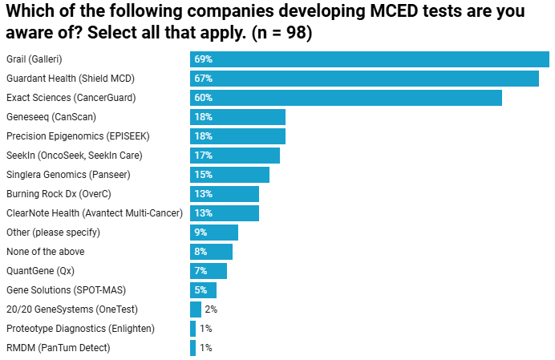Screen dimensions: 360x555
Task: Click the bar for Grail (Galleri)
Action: pos(369,59)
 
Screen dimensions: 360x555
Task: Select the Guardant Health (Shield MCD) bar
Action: pos(364,79)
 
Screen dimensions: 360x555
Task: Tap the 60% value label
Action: pos(203,98)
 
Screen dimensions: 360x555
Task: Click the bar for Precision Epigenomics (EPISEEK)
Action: pos(237,136)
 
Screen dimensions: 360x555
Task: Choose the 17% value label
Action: pos(203,156)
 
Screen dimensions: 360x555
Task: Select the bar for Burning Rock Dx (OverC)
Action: pos(225,194)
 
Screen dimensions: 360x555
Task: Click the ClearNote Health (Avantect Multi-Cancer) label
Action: pos(95,213)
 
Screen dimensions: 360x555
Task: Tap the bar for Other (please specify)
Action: pos(214,233)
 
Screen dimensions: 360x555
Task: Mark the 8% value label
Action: pos(201,252)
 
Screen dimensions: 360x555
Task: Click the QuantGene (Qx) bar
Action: pos(209,271)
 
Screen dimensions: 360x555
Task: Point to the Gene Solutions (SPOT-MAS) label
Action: pos(66,290)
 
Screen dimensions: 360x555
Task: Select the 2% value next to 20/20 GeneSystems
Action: pos(211,309)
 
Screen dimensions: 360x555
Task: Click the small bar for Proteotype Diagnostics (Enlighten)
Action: pos(192,329)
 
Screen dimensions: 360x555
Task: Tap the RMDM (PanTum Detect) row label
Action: pos(58,348)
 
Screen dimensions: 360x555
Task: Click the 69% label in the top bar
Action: pos(203,59)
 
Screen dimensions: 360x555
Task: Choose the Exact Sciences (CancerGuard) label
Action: pos(71,98)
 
